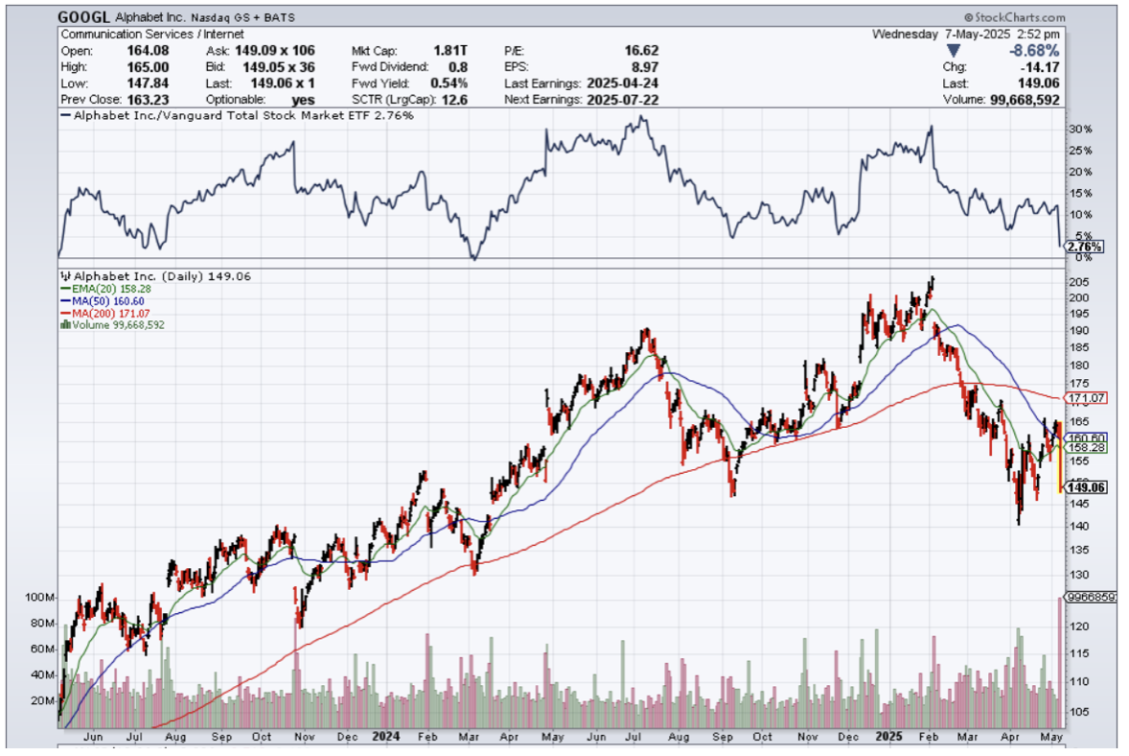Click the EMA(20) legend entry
[100, 288]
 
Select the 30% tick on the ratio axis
[1079, 130]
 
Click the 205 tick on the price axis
[1079, 282]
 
